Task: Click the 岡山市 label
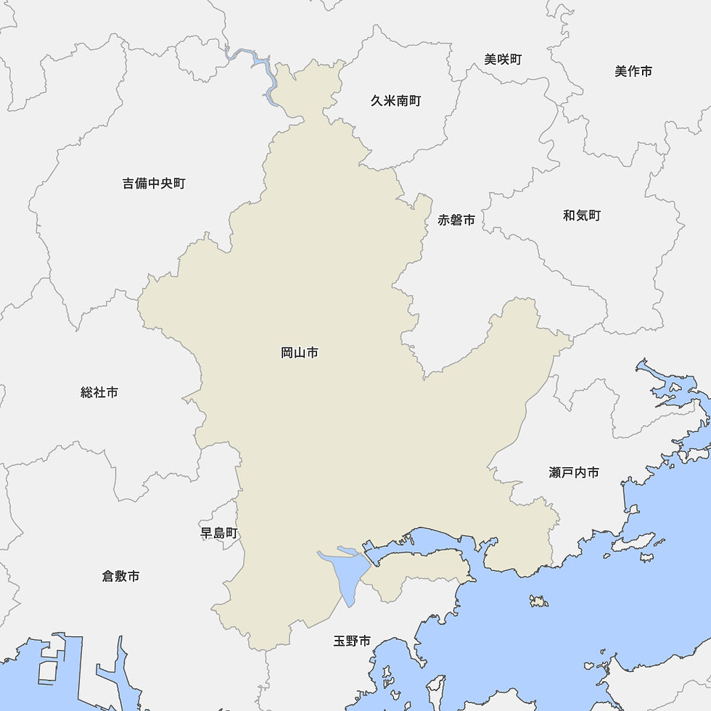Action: [300, 353]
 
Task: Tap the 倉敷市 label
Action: [120, 576]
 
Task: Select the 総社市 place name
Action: [99, 393]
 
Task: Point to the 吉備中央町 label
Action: [154, 184]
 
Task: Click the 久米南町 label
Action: [395, 101]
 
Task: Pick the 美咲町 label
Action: [503, 59]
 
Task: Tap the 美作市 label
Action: [633, 71]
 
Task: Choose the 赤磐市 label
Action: [456, 220]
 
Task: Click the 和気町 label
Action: [582, 215]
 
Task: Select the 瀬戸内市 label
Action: [574, 472]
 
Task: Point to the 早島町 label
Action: [219, 533]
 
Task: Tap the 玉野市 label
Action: [352, 641]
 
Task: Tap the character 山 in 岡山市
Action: [300, 353]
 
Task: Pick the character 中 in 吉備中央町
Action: [154, 184]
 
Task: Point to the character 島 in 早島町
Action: [219, 533]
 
